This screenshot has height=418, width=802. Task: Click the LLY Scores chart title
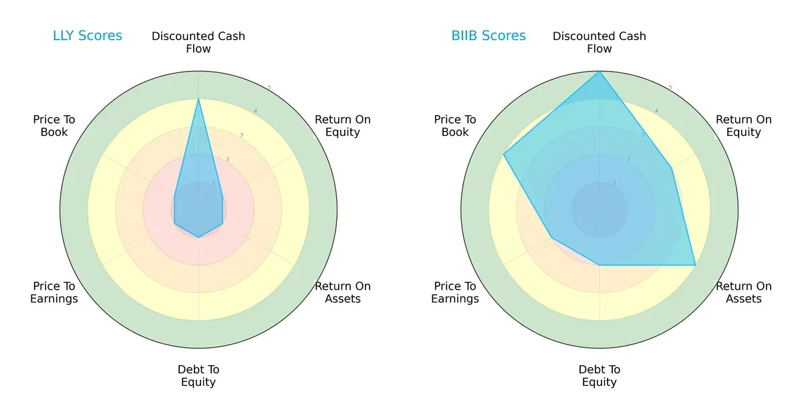pyautogui.click(x=88, y=36)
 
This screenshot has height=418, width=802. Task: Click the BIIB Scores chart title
pyautogui.click(x=489, y=36)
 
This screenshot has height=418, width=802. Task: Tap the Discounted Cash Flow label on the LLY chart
pyautogui.click(x=198, y=42)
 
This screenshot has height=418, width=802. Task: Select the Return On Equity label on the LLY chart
pyautogui.click(x=343, y=126)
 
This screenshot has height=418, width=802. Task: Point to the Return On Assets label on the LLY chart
pyautogui.click(x=343, y=292)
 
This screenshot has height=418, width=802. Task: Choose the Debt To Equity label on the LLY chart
pyautogui.click(x=198, y=376)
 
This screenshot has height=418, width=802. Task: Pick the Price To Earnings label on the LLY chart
pyautogui.click(x=54, y=292)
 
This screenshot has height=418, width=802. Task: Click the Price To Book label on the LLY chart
pyautogui.click(x=54, y=126)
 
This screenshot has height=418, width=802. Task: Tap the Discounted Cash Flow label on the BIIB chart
pyautogui.click(x=599, y=42)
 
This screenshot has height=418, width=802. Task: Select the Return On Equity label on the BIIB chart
pyautogui.click(x=744, y=126)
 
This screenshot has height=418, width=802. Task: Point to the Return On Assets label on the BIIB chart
pyautogui.click(x=744, y=292)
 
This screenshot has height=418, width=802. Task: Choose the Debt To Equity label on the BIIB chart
pyautogui.click(x=599, y=376)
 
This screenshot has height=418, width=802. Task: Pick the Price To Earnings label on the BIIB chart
pyautogui.click(x=455, y=292)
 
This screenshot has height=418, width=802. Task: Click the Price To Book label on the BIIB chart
pyautogui.click(x=455, y=126)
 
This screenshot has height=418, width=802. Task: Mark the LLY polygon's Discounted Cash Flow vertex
pyautogui.click(x=198, y=100)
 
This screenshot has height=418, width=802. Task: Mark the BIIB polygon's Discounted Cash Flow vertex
pyautogui.click(x=599, y=72)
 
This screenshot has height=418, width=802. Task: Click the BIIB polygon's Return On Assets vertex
pyautogui.click(x=696, y=265)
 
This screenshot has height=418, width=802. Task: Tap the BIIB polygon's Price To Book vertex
pyautogui.click(x=503, y=154)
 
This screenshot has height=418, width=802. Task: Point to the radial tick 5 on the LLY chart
pyautogui.click(x=269, y=88)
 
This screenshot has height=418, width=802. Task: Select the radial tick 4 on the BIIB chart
pyautogui.click(x=656, y=111)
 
